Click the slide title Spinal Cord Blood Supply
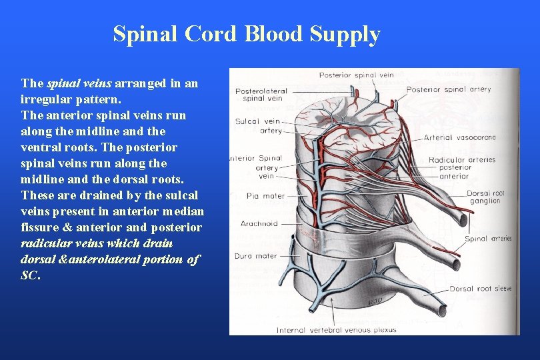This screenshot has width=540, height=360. (247, 34)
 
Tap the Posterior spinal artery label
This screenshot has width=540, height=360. (448, 89)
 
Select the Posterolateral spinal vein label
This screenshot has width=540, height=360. (261, 95)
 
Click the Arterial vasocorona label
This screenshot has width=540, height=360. (459, 137)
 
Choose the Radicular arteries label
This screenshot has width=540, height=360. (462, 159)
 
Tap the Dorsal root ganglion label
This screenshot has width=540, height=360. (485, 197)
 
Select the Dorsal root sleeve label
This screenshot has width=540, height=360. (480, 289)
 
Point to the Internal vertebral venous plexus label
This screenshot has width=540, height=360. (337, 329)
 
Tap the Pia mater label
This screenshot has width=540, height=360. (256, 196)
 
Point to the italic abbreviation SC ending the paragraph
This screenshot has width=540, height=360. (29, 275)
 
